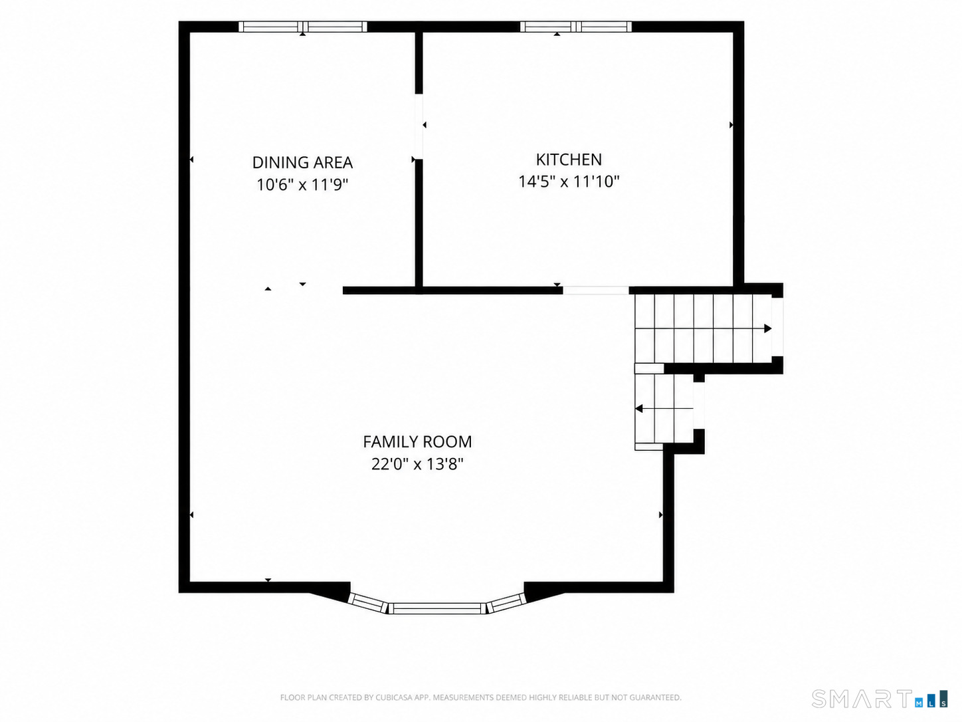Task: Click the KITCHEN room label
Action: point(569,160)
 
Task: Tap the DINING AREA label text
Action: point(302,163)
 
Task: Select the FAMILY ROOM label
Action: point(417,441)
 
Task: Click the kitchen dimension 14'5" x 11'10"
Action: point(569,181)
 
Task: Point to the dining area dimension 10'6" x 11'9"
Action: point(302,185)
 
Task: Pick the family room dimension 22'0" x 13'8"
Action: point(417,463)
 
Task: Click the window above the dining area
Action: point(303,27)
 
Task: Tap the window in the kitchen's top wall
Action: point(576,27)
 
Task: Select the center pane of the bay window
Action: point(437,608)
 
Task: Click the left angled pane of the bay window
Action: point(368,603)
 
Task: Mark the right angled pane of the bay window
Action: point(506,603)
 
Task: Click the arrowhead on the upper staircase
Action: point(767,328)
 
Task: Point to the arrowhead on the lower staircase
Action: point(639,409)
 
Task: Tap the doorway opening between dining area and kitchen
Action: point(419,126)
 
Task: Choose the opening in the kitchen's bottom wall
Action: point(596,291)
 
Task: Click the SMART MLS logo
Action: point(879,699)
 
